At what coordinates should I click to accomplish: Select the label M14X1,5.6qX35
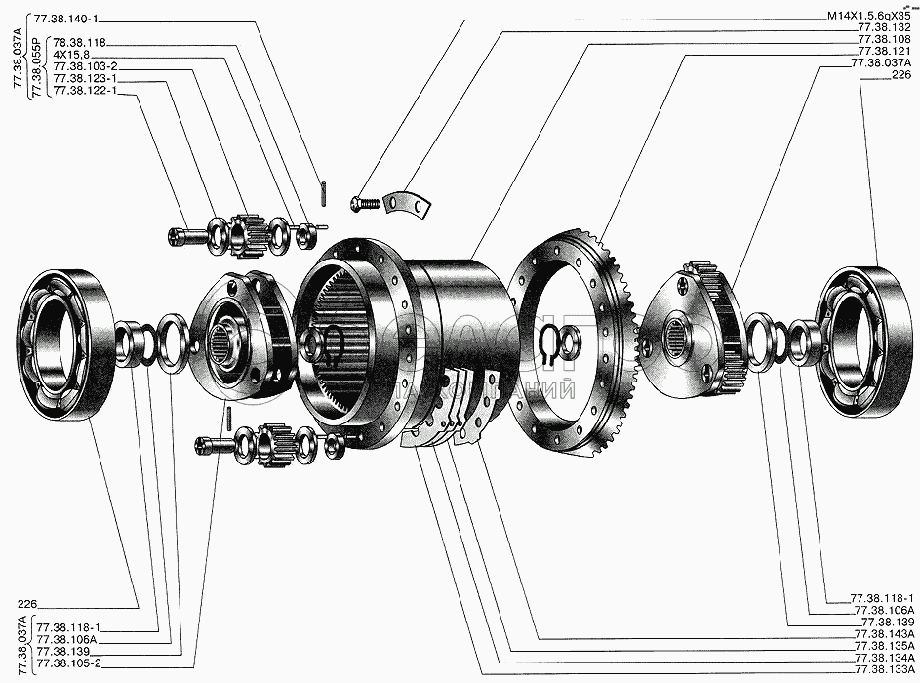[869, 17]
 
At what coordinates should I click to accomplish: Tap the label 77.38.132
[884, 28]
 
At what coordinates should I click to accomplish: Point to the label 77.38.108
[884, 40]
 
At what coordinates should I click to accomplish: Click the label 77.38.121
[884, 52]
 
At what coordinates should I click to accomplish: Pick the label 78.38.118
[79, 42]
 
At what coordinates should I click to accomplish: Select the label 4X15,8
[70, 55]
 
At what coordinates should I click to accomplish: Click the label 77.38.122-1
[85, 91]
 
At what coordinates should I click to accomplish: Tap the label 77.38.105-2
[68, 663]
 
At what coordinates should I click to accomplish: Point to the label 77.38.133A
[884, 670]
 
